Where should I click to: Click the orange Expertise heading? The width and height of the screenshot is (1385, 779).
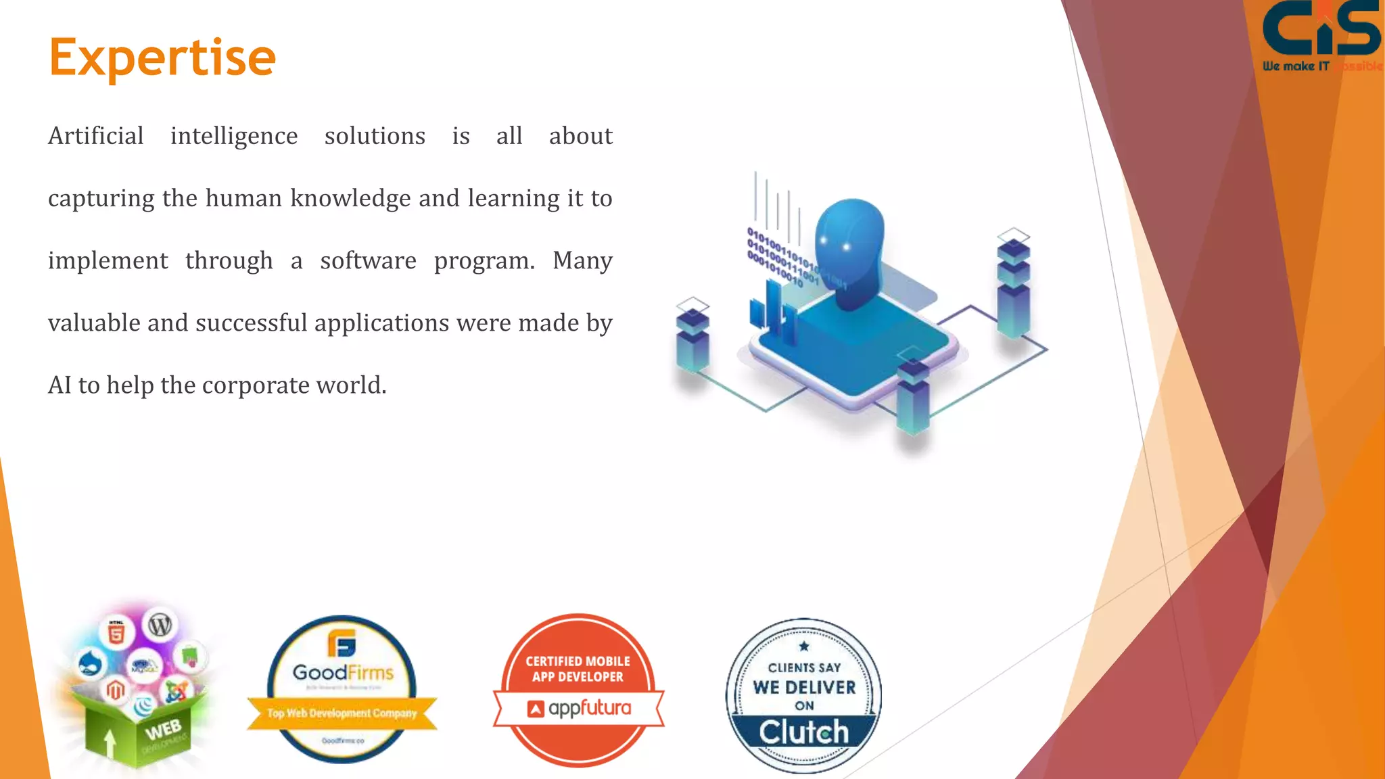click(x=162, y=58)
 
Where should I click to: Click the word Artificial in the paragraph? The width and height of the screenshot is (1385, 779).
click(x=96, y=136)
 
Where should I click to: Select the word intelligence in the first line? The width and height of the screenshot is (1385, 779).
click(x=234, y=136)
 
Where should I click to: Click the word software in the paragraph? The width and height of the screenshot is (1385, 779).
click(x=368, y=261)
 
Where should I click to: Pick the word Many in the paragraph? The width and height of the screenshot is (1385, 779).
click(x=582, y=261)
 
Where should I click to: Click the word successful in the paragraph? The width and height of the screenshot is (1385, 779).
click(x=252, y=323)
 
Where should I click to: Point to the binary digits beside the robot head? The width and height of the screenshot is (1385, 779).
click(x=784, y=260)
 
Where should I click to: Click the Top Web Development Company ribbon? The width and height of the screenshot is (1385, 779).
click(x=342, y=713)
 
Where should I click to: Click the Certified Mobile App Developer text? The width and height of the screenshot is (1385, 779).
click(x=578, y=669)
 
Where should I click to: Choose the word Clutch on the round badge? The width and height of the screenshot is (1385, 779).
click(x=803, y=732)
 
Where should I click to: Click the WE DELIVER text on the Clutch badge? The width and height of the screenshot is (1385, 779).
click(x=804, y=688)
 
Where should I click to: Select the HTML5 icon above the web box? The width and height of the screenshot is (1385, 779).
click(x=116, y=633)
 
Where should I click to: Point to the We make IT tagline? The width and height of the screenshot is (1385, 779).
click(x=1296, y=66)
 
